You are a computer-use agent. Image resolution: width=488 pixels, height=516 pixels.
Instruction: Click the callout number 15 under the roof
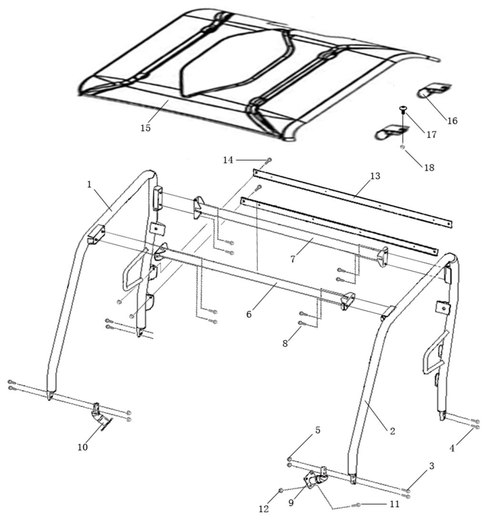coord(145,128)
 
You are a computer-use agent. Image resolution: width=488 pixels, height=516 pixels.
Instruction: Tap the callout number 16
coord(452,121)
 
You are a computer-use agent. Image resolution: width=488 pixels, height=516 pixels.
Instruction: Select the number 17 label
coord(431,134)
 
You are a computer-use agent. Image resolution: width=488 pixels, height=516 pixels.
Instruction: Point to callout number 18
coord(429,168)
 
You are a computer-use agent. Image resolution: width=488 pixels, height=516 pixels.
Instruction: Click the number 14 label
coord(228,160)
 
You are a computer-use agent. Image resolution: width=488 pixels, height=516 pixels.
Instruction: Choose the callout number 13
coord(375,176)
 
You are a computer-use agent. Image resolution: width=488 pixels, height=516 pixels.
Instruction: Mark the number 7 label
coord(293,259)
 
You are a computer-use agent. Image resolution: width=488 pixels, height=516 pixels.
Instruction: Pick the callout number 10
coord(83,447)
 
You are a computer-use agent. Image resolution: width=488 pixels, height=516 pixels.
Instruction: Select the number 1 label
coord(89,184)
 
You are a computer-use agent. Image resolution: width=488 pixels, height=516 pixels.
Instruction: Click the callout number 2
coord(392,431)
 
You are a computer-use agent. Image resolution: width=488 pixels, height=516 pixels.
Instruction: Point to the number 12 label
coord(264,509)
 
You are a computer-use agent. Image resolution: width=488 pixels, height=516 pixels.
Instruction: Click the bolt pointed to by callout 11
coord(356,505)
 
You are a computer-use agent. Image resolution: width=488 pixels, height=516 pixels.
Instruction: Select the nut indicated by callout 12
coord(281,491)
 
